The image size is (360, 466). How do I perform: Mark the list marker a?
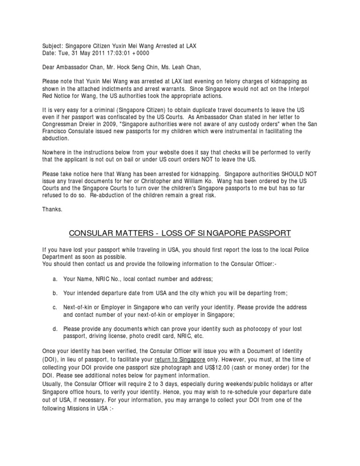(x=55, y=279)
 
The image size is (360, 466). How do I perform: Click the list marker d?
(x=55, y=329)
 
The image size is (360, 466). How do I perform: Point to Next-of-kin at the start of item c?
(x=79, y=307)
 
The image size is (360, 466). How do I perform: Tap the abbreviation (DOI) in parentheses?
(x=51, y=359)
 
